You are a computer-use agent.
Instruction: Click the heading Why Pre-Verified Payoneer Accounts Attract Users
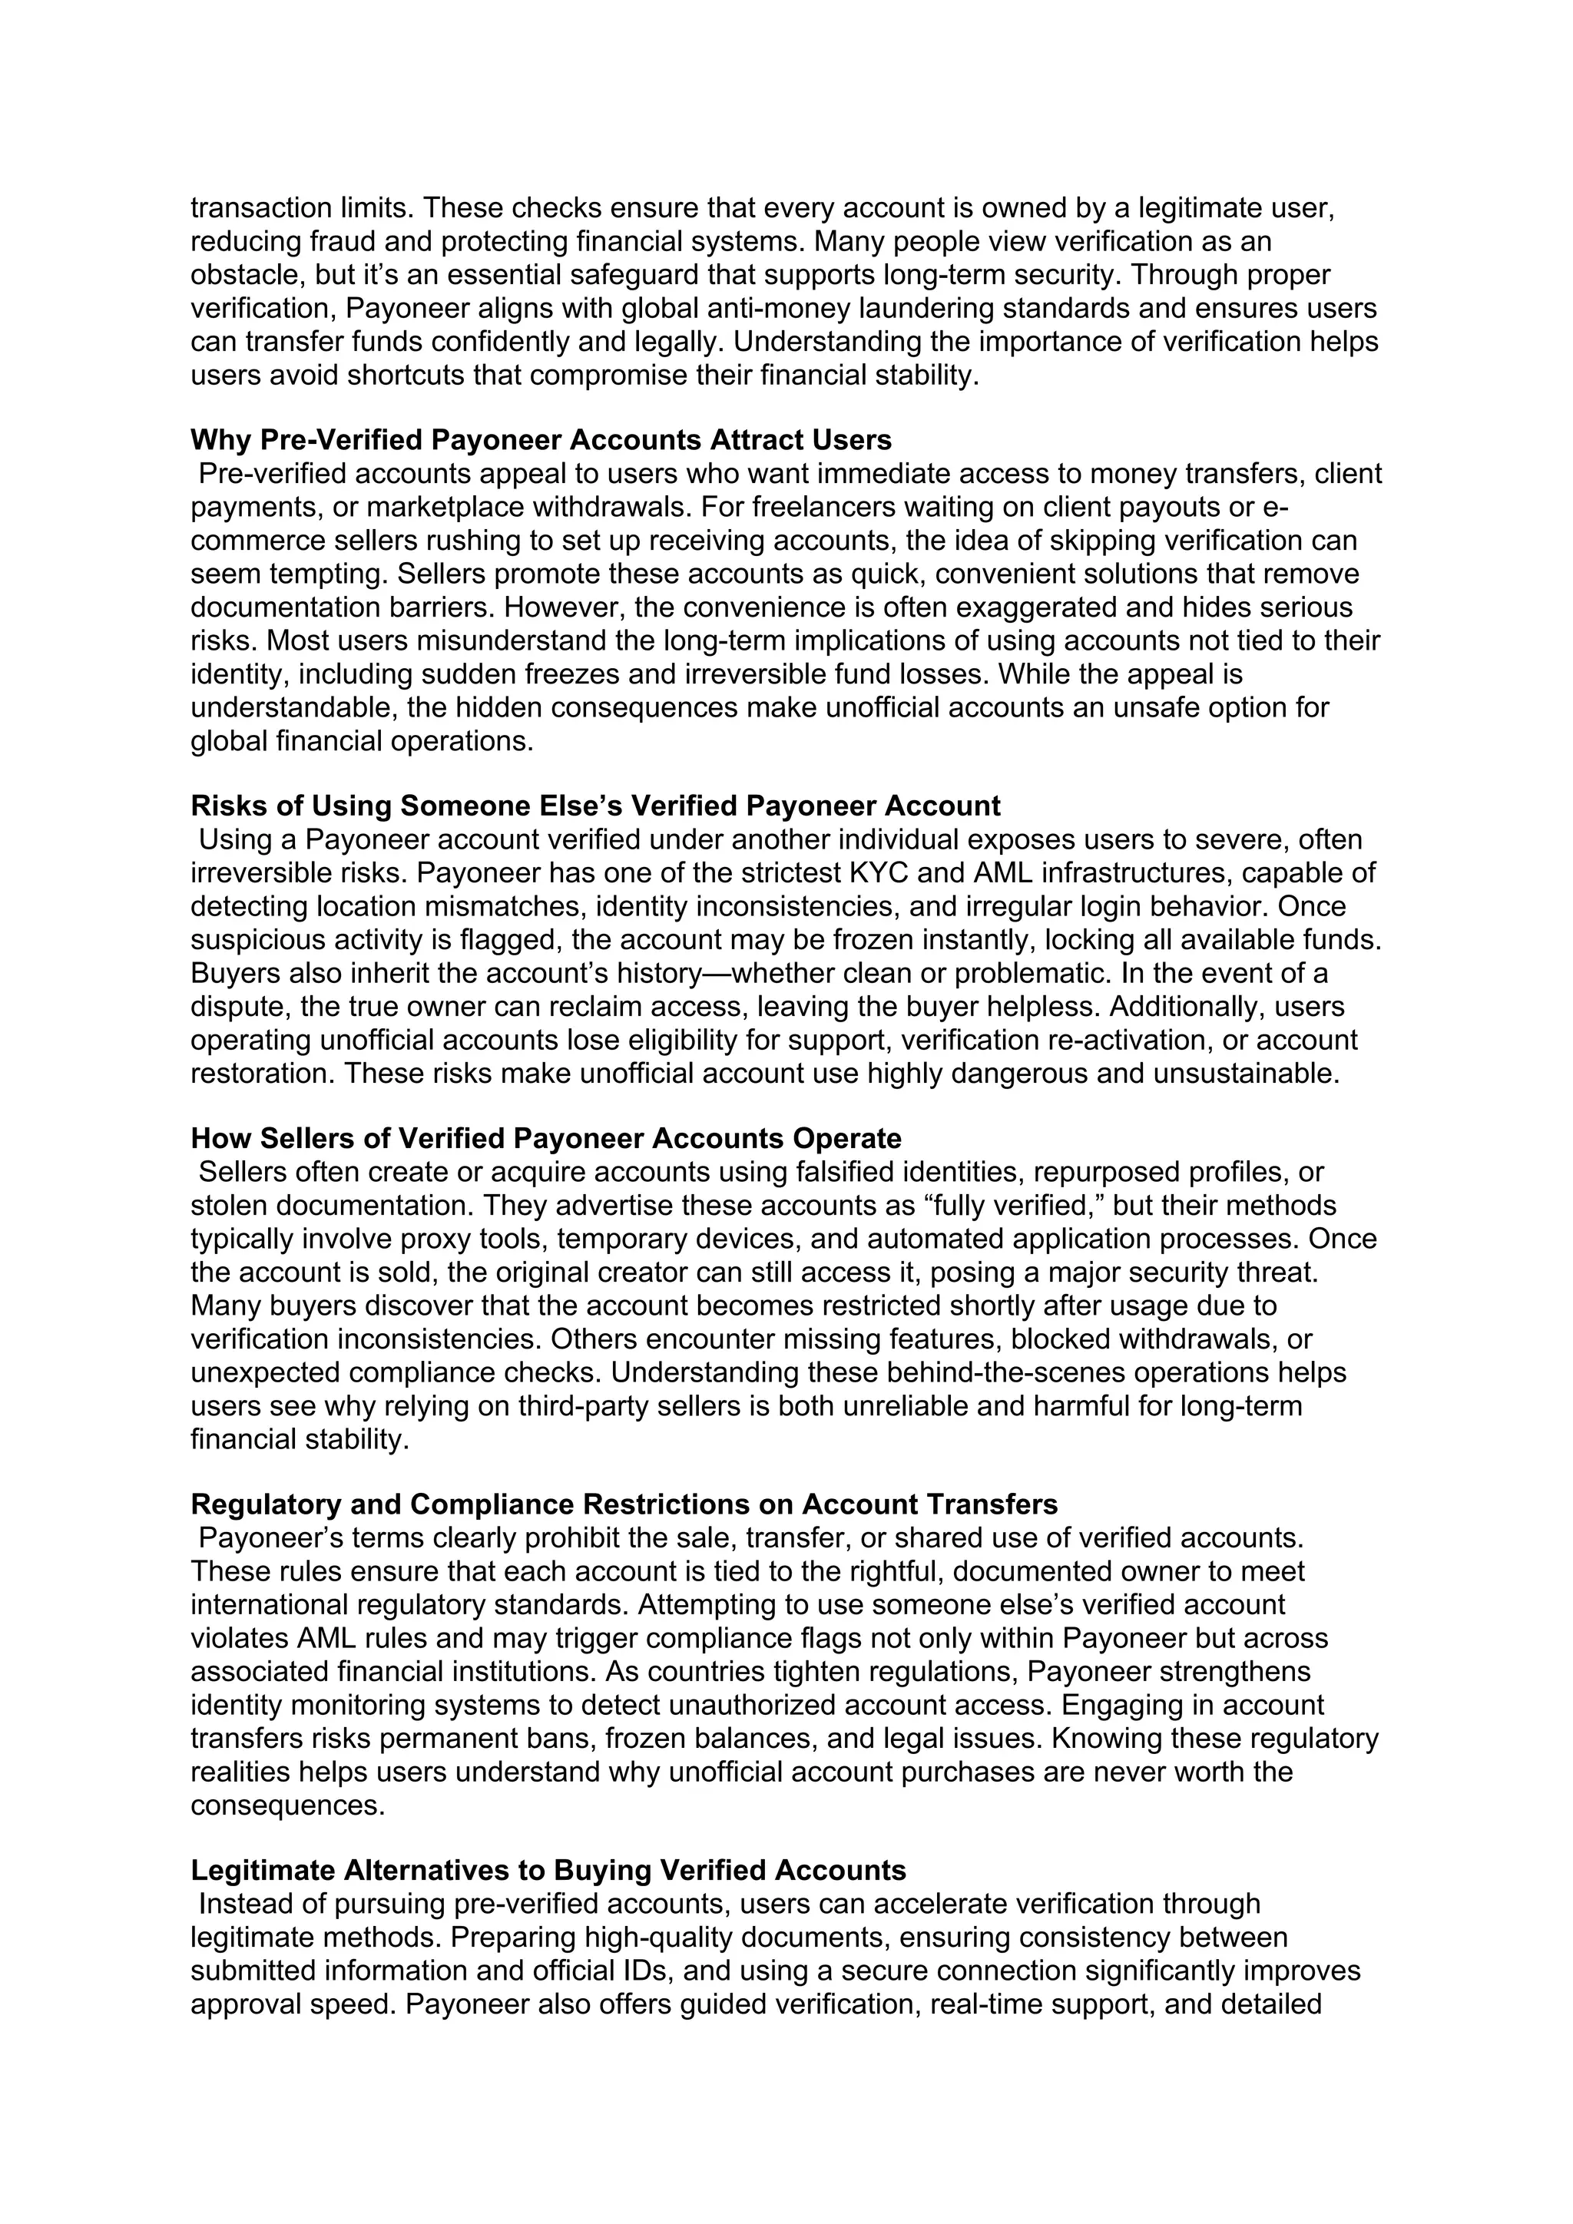(x=541, y=441)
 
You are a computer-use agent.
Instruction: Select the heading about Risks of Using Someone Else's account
(x=594, y=806)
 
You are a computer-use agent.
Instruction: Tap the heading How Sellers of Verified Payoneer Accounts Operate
(x=545, y=1138)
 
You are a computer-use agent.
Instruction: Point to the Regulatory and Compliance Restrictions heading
(x=624, y=1504)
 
